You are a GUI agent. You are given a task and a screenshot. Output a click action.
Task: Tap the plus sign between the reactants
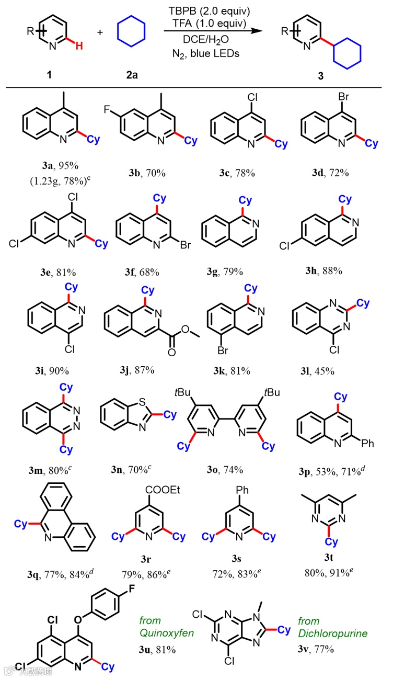pyautogui.click(x=100, y=32)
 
